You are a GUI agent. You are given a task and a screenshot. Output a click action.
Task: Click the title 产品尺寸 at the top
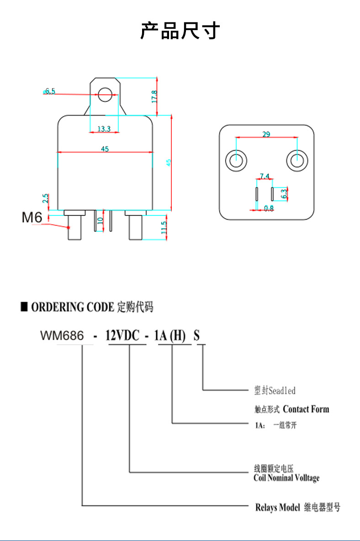click(180, 31)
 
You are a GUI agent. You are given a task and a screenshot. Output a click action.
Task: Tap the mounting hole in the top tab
click(105, 95)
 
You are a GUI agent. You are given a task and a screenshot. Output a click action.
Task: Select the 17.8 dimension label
click(154, 97)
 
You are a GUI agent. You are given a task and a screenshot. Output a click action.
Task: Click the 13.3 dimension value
click(104, 129)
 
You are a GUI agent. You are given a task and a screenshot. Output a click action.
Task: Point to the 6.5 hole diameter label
click(50, 91)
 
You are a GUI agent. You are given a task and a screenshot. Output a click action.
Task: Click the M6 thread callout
click(32, 217)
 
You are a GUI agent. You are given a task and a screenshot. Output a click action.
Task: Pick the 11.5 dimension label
click(164, 228)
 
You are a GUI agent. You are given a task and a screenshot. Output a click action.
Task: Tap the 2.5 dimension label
click(46, 199)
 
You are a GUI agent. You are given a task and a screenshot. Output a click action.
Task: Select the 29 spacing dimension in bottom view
click(266, 134)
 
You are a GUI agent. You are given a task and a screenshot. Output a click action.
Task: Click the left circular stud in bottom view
click(236, 160)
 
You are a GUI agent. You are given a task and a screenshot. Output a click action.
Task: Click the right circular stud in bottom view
click(297, 160)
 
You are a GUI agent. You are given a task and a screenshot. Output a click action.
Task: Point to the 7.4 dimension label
click(265, 176)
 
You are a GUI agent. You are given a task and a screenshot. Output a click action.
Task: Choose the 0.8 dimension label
click(269, 208)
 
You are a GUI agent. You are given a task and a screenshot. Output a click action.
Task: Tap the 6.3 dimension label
click(284, 194)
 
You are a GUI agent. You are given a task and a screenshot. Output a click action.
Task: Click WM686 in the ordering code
click(62, 336)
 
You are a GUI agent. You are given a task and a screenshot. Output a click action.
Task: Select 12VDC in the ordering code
click(122, 336)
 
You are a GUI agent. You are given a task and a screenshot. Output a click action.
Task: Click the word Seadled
click(282, 390)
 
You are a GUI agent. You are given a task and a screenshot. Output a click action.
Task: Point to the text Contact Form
click(306, 409)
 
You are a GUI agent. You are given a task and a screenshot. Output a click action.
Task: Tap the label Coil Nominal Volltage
click(286, 478)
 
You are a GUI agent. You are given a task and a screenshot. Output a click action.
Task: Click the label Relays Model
click(277, 507)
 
